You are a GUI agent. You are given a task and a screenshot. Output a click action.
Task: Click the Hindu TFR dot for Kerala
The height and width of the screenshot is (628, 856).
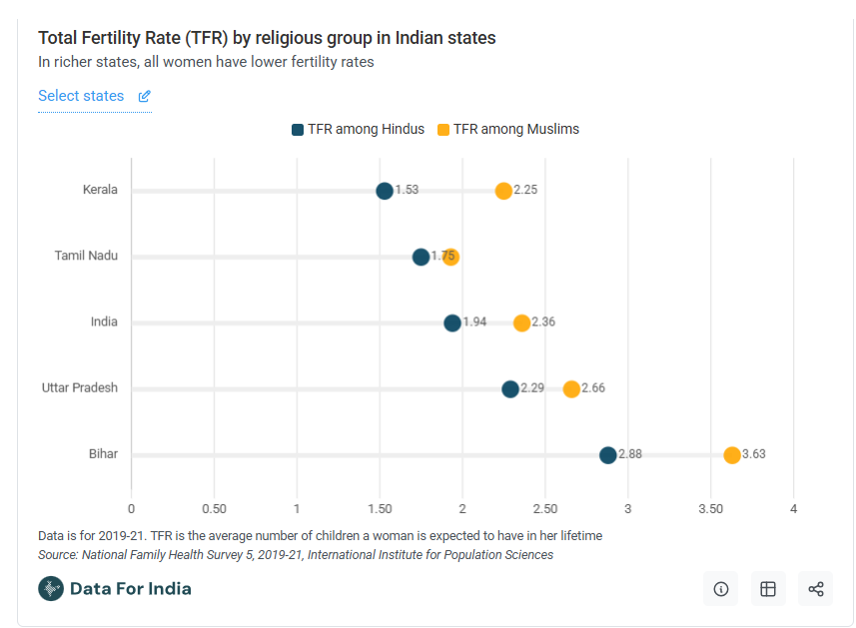tap(385, 191)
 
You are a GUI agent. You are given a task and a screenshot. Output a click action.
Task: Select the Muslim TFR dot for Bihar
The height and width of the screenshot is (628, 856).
tap(732, 455)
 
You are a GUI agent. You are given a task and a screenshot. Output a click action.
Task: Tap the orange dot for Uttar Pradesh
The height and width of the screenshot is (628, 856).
tap(571, 389)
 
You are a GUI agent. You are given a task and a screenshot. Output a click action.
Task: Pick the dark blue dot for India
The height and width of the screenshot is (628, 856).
tap(452, 322)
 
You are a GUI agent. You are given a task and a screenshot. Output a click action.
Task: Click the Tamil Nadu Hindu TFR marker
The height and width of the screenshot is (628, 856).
tap(421, 257)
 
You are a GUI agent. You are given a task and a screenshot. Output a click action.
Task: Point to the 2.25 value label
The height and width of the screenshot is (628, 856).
tap(526, 190)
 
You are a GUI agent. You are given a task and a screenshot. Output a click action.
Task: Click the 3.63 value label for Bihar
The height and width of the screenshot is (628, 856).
tap(754, 454)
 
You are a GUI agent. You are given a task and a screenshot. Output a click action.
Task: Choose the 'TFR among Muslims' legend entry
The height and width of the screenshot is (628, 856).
tap(508, 129)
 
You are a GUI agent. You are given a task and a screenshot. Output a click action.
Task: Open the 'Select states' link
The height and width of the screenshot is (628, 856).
tap(81, 96)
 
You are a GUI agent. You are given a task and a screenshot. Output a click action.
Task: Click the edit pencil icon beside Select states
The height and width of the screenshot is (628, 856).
tap(145, 97)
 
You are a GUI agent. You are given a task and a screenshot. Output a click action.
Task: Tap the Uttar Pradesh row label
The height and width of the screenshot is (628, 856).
tap(80, 387)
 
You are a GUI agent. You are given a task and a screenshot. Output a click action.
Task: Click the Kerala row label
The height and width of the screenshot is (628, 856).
tap(100, 189)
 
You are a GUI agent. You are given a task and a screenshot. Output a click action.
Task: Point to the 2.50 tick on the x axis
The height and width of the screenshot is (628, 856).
tap(544, 509)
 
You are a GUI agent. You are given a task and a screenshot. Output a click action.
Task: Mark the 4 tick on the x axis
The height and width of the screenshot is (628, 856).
tap(793, 509)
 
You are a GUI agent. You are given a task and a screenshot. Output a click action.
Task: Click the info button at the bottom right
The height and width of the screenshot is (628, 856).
tap(720, 589)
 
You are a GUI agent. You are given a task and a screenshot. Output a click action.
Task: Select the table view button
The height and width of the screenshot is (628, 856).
tap(768, 589)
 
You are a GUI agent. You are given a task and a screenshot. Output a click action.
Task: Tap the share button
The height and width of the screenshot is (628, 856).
tap(816, 589)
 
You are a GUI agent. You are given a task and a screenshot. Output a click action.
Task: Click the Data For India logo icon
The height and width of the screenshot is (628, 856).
tap(51, 588)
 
